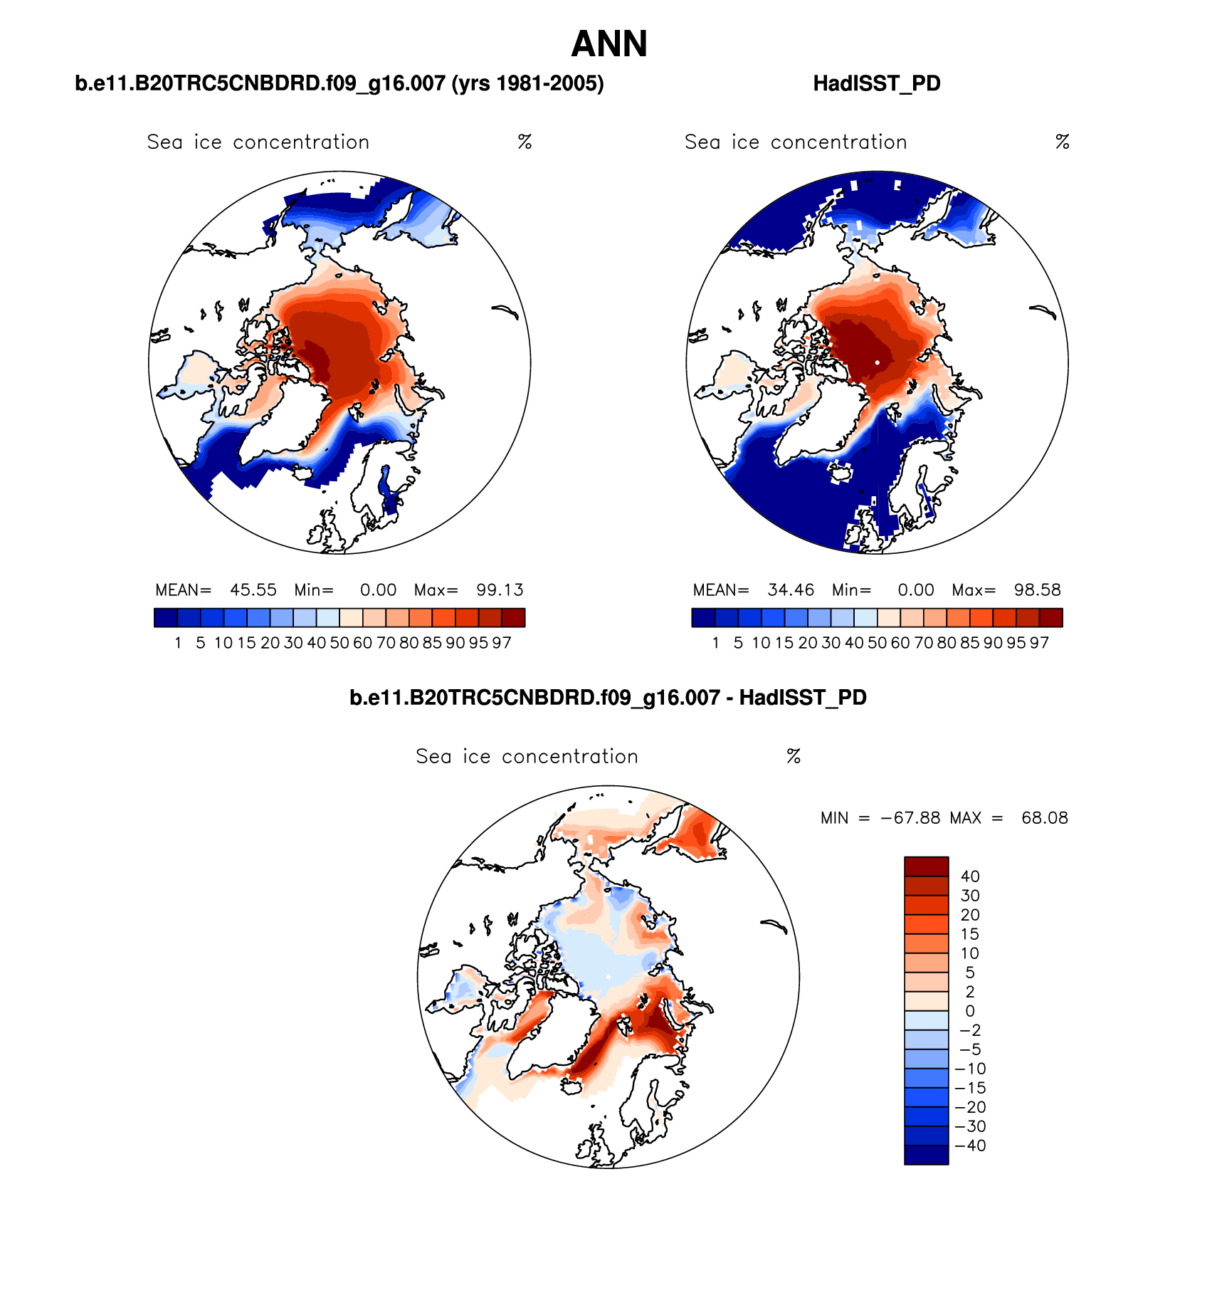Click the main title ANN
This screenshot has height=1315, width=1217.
[x=609, y=44]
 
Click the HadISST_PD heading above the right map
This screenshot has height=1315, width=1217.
[x=876, y=83]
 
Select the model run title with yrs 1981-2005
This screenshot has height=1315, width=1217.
[x=339, y=83]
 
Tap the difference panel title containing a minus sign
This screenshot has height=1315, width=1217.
[x=608, y=697]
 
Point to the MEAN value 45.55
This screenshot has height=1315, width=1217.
[x=253, y=590]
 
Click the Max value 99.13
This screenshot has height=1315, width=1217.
[x=500, y=590]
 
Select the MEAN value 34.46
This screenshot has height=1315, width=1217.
[x=791, y=590]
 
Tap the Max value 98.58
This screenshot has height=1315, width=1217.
[x=1037, y=590]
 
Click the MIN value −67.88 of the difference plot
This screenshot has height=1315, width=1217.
[x=910, y=818]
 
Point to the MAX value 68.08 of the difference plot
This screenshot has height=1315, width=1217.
[x=1044, y=818]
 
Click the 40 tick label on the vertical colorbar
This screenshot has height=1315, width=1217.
[x=970, y=876]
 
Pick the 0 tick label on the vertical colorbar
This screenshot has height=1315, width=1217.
[x=970, y=1011]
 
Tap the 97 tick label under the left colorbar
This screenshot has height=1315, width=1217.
[x=502, y=643]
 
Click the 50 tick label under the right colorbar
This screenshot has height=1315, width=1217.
[x=877, y=643]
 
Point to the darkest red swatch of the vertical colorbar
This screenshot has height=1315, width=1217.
[x=926, y=866]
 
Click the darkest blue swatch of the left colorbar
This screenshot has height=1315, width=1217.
[x=165, y=617]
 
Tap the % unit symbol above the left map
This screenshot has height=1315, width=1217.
[x=525, y=142]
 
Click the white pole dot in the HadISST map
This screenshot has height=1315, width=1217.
[x=878, y=362]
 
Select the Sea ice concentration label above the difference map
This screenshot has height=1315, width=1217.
[x=527, y=756]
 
